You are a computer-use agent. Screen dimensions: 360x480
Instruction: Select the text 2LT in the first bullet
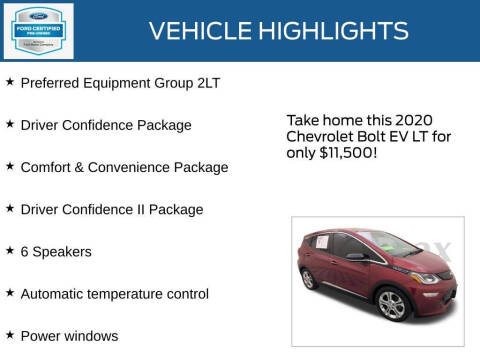[205, 83]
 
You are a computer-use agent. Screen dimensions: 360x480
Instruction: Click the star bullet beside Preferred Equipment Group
[10, 82]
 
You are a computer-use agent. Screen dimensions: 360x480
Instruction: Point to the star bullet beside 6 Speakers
[10, 250]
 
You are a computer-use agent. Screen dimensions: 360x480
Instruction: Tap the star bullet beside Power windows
[10, 334]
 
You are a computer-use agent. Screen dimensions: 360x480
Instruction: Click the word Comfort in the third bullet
[48, 167]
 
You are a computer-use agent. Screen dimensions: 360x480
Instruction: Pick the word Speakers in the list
[62, 251]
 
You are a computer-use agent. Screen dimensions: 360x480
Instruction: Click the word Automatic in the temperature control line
[55, 293]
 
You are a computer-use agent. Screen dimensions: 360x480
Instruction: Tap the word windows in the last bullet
[91, 335]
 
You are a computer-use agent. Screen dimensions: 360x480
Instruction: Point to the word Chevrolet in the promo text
[320, 136]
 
